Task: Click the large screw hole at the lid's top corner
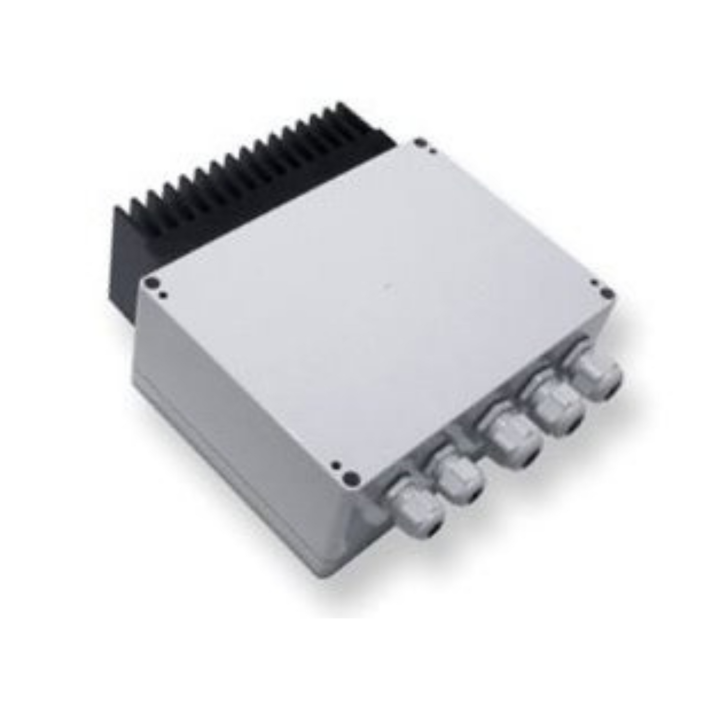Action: pos(419,142)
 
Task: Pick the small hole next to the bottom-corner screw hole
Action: pos(335,465)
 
